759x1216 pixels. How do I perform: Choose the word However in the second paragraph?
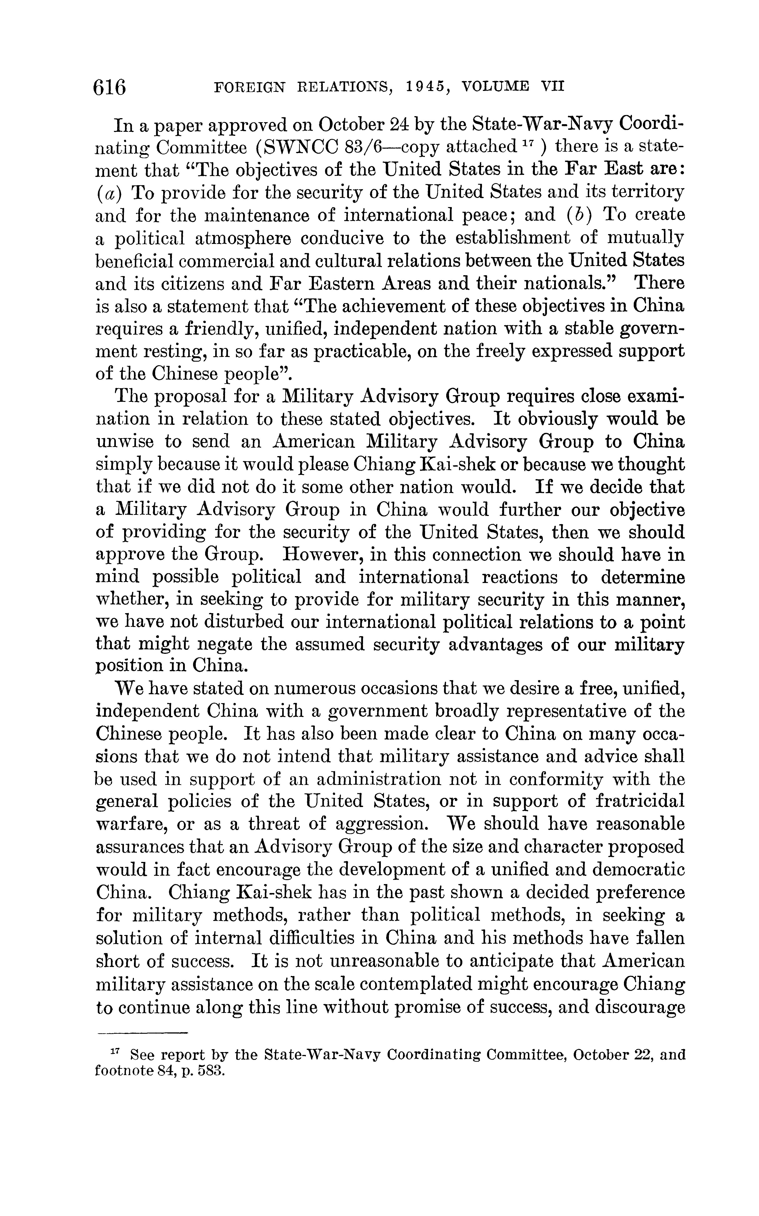click(321, 555)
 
